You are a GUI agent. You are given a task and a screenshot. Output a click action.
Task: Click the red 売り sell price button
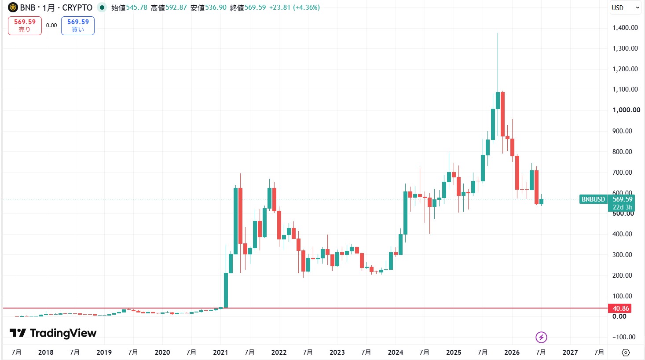pyautogui.click(x=25, y=26)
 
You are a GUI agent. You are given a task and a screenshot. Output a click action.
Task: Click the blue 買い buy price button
pyautogui.click(x=78, y=26)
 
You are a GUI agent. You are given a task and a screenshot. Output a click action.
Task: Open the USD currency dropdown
pyautogui.click(x=625, y=8)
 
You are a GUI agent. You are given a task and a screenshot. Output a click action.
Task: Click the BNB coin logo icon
pyautogui.click(x=13, y=7)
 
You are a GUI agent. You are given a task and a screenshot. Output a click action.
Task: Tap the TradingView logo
pyautogui.click(x=53, y=333)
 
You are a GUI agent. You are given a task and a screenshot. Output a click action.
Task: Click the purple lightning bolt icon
pyautogui.click(x=541, y=337)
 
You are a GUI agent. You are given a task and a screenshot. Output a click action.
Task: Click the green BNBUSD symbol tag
pyautogui.click(x=593, y=199)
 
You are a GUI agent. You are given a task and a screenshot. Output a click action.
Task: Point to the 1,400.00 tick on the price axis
pyautogui.click(x=625, y=28)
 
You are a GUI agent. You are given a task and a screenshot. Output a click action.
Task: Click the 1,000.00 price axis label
pyautogui.click(x=626, y=110)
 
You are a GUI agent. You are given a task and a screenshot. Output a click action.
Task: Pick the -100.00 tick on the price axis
pyautogui.click(x=624, y=337)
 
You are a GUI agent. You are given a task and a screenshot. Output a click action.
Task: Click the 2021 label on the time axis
pyautogui.click(x=220, y=352)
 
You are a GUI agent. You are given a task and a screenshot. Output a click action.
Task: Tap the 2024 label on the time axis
pyautogui.click(x=396, y=352)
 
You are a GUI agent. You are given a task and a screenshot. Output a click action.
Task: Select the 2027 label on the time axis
pyautogui.click(x=570, y=352)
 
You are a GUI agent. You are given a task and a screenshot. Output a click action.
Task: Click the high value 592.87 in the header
pyautogui.click(x=176, y=7)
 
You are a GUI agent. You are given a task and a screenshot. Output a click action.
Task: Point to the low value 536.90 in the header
pyautogui.click(x=216, y=7)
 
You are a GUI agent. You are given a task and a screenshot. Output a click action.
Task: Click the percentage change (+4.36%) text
pyautogui.click(x=306, y=7)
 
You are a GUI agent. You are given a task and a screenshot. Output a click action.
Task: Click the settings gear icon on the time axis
pyautogui.click(x=625, y=352)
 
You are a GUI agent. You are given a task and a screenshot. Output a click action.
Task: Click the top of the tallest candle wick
pyautogui.click(x=498, y=33)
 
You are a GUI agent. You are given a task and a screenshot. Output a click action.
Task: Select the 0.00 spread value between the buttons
pyautogui.click(x=51, y=26)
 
